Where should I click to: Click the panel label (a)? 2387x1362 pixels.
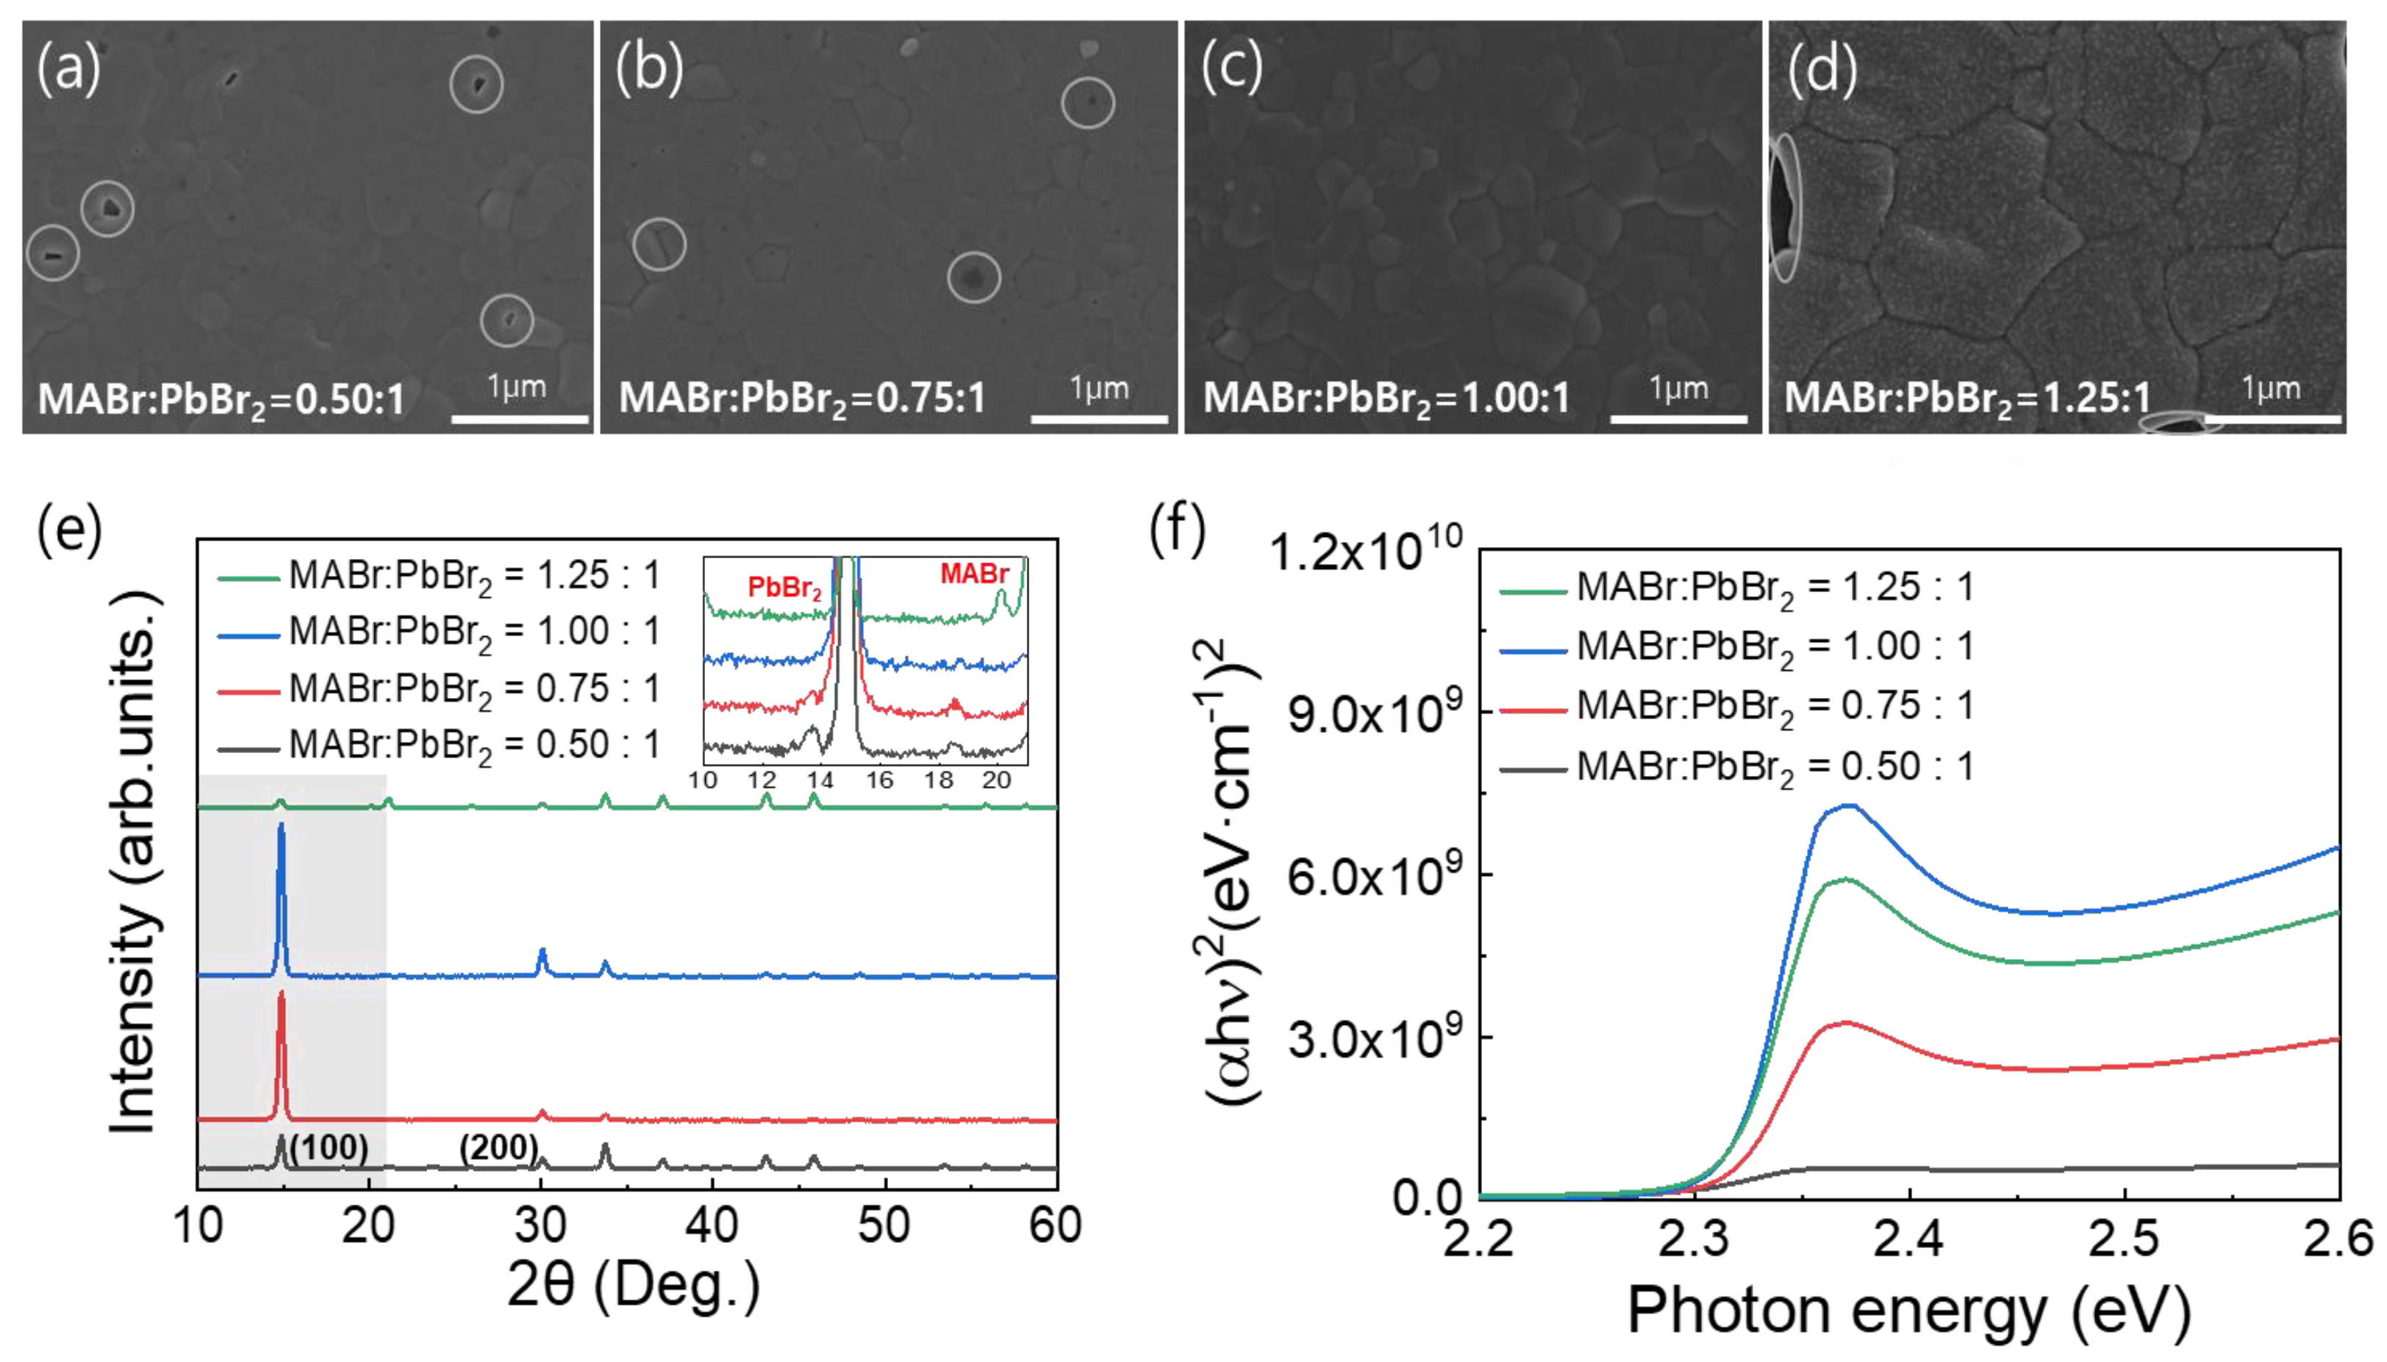point(68,68)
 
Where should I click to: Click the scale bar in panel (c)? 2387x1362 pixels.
point(1678,418)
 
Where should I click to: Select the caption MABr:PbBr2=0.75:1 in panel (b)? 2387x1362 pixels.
point(801,399)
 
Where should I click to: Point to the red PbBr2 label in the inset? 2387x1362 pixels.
point(784,588)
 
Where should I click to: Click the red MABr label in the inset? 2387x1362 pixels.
point(973,574)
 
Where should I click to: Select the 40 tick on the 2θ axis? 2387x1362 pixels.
point(712,1224)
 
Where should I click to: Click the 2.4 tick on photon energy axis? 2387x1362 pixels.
point(1908,1238)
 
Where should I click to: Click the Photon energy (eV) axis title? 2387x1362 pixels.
point(1908,1310)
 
